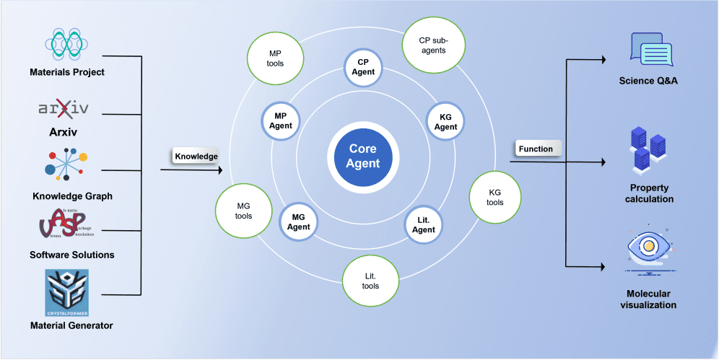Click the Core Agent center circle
click(x=363, y=157)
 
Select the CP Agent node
click(x=363, y=67)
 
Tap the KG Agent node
click(x=445, y=122)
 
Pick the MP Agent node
click(x=281, y=120)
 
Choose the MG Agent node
click(x=300, y=221)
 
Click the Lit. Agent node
click(x=424, y=224)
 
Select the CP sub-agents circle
click(x=432, y=45)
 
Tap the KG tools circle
click(x=494, y=198)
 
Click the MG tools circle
click(x=243, y=211)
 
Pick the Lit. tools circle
click(x=370, y=281)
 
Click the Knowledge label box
click(x=196, y=155)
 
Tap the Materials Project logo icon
click(x=66, y=44)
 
